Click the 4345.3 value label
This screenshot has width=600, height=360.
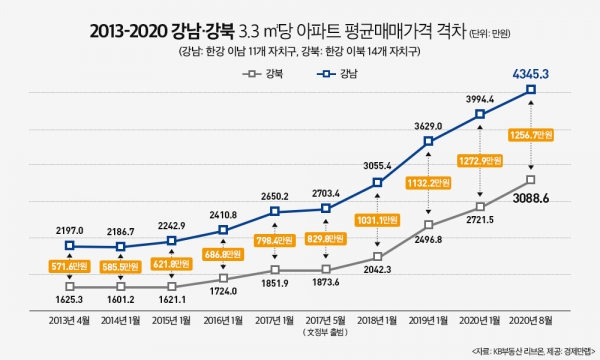click(530, 72)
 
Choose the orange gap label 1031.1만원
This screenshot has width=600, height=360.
click(377, 220)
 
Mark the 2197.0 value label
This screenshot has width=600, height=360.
click(69, 230)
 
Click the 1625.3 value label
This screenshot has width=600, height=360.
click(69, 299)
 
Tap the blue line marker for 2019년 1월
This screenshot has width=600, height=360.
click(428, 141)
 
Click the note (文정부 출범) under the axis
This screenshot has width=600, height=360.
click(325, 335)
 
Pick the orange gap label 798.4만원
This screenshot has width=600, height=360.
click(274, 240)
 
